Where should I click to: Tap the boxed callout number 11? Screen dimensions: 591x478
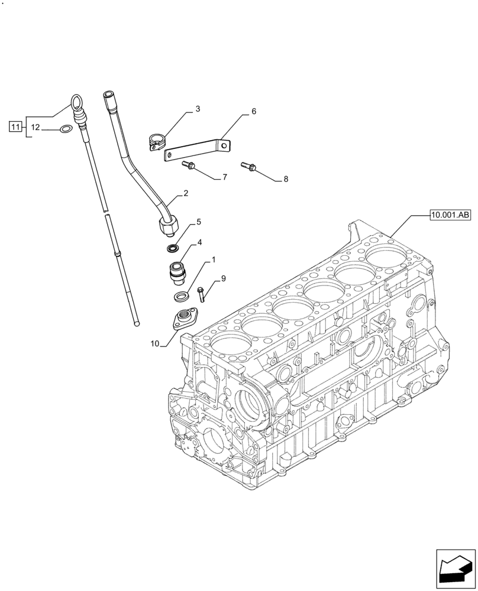(x=16, y=125)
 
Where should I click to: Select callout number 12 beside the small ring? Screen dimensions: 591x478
(x=35, y=128)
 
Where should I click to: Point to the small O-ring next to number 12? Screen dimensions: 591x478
(x=66, y=128)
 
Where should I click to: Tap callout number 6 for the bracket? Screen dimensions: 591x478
(x=253, y=111)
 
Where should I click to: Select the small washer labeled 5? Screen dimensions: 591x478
(x=173, y=247)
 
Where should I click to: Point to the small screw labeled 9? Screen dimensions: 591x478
(x=201, y=293)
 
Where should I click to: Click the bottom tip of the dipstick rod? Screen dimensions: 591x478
(x=137, y=323)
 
